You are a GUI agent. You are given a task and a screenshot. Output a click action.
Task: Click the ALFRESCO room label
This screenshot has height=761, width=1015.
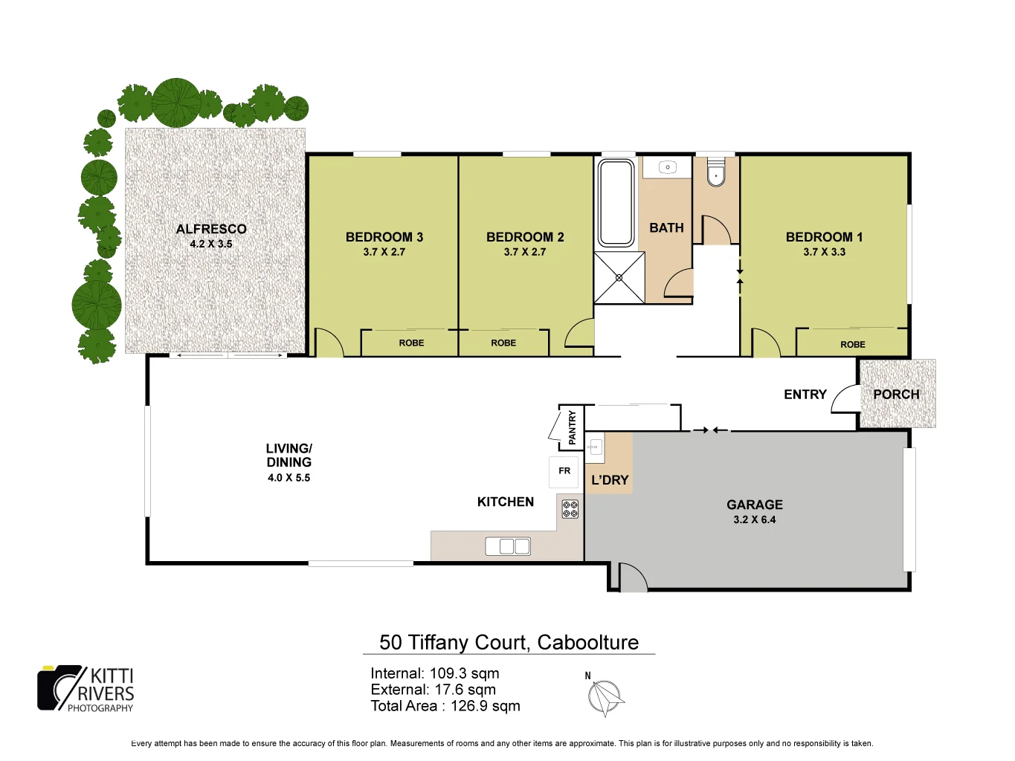pos(211,229)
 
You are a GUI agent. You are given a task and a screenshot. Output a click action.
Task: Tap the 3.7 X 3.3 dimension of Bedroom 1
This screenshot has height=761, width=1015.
pos(824,252)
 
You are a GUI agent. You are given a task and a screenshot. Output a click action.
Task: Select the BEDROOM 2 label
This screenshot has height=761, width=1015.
pos(525,237)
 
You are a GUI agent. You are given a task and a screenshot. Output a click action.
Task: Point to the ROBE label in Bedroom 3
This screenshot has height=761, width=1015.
pos(411,343)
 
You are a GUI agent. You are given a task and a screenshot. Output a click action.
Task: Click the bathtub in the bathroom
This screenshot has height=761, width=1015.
pos(616,202)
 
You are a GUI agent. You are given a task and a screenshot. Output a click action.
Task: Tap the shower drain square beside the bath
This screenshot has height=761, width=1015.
pos(619,278)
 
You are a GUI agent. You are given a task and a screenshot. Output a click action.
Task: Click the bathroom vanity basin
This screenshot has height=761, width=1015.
pos(667,167)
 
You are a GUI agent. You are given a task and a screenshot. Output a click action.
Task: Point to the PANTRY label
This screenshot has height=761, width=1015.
pos(572,427)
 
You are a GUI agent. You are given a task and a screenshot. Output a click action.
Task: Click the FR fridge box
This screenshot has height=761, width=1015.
pos(564,471)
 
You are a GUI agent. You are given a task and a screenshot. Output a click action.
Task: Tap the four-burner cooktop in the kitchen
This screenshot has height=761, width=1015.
pos(570,509)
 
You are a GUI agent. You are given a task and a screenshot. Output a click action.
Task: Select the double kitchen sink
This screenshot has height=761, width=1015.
pos(508,546)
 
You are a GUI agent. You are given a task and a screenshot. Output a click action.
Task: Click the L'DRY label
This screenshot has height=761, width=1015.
pos(610,480)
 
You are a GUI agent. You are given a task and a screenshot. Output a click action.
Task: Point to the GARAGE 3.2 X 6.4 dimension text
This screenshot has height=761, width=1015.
pos(754,519)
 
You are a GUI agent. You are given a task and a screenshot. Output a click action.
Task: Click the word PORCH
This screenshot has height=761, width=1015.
pos(896,395)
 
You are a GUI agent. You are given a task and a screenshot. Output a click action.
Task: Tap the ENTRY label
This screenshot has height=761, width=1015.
pos(805,395)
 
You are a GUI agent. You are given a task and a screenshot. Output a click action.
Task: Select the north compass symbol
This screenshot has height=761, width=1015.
pos(605,697)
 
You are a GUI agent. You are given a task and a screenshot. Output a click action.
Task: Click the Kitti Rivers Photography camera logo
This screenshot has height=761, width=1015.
pos(60,687)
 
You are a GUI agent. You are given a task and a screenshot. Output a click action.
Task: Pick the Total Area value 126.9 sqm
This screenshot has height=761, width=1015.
pos(485,706)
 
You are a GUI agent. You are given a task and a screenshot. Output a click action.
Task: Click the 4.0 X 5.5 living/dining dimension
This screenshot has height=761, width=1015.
pos(289,478)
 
